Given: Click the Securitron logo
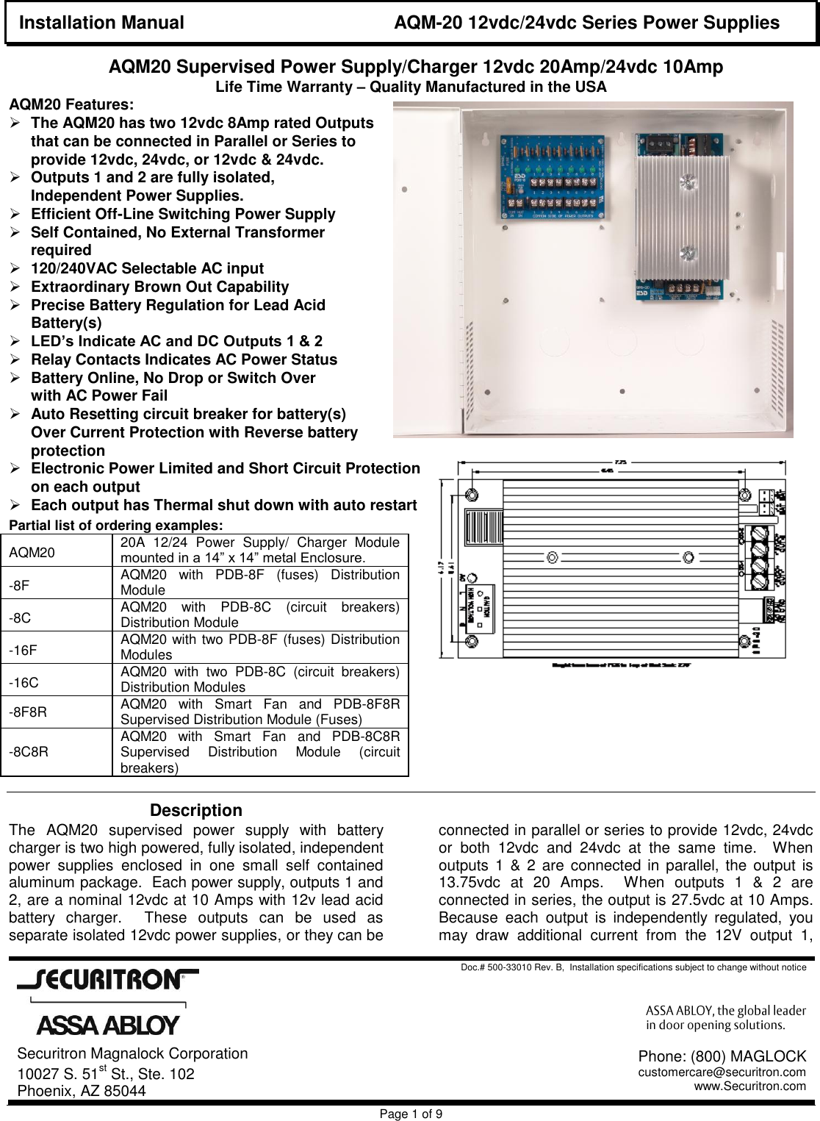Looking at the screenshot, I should click(x=108, y=980).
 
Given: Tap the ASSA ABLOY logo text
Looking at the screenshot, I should click(x=108, y=1025).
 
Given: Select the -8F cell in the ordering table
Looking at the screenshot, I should click(x=20, y=585).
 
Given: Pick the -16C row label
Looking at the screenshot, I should click(x=24, y=682).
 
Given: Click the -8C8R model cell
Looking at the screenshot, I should click(x=29, y=751).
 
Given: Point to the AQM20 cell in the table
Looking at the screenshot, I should click(x=32, y=552).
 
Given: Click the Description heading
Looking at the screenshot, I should click(x=195, y=810).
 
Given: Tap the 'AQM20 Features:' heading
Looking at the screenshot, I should click(x=71, y=104).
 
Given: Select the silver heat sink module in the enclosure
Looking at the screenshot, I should click(x=685, y=218).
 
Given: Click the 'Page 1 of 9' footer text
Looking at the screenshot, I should click(x=410, y=1114).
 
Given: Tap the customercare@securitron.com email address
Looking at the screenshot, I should click(x=722, y=1072).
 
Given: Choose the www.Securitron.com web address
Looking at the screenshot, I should click(x=749, y=1086).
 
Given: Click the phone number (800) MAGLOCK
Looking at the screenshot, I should click(x=722, y=1056).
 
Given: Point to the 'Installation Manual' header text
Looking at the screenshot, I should click(x=101, y=23).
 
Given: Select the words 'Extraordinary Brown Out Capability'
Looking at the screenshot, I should click(x=159, y=287).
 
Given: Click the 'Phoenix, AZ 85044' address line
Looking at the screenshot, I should click(x=82, y=1091).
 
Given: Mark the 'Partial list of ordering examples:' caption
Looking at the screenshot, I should click(x=115, y=526).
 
